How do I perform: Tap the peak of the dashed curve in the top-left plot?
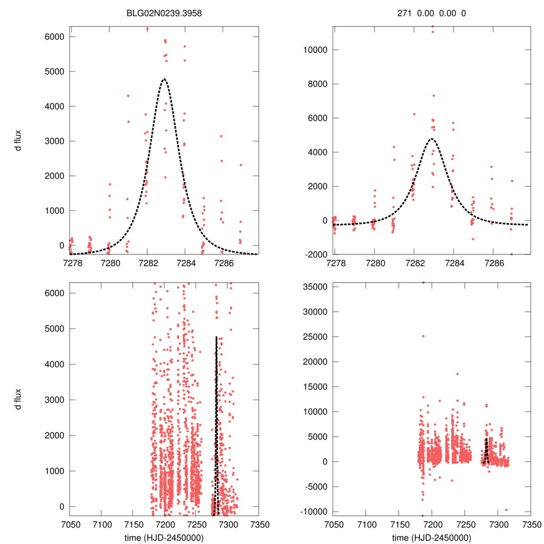pyautogui.click(x=164, y=79)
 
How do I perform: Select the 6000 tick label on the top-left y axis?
pyautogui.click(x=55, y=37)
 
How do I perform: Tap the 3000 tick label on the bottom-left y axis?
pyautogui.click(x=55, y=399)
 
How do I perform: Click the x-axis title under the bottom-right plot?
pyautogui.click(x=431, y=537)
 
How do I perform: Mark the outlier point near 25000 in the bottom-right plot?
pyautogui.click(x=423, y=336)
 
